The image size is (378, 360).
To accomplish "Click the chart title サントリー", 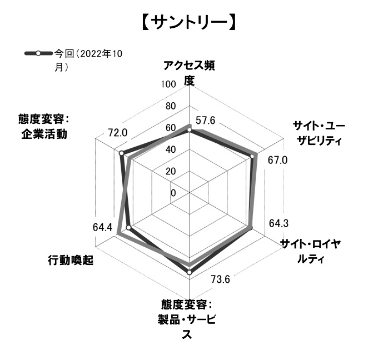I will pyautogui.click(x=188, y=23).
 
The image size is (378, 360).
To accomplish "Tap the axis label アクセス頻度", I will pyautogui.click(x=189, y=73).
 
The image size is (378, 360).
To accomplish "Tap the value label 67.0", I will pyautogui.click(x=278, y=161).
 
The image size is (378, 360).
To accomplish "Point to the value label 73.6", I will pyautogui.click(x=220, y=279).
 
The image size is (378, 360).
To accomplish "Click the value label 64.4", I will pyautogui.click(x=102, y=227).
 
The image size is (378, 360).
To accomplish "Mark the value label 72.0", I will pyautogui.click(x=117, y=133).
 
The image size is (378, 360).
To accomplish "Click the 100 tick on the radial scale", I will pyautogui.click(x=167, y=84).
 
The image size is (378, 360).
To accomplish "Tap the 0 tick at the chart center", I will pyautogui.click(x=173, y=193).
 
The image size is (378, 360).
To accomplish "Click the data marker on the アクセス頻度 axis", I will pyautogui.click(x=189, y=131).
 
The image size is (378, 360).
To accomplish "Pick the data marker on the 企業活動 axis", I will pyautogui.click(x=121, y=153).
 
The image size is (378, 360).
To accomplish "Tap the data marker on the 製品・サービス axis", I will pyautogui.click(x=190, y=272).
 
